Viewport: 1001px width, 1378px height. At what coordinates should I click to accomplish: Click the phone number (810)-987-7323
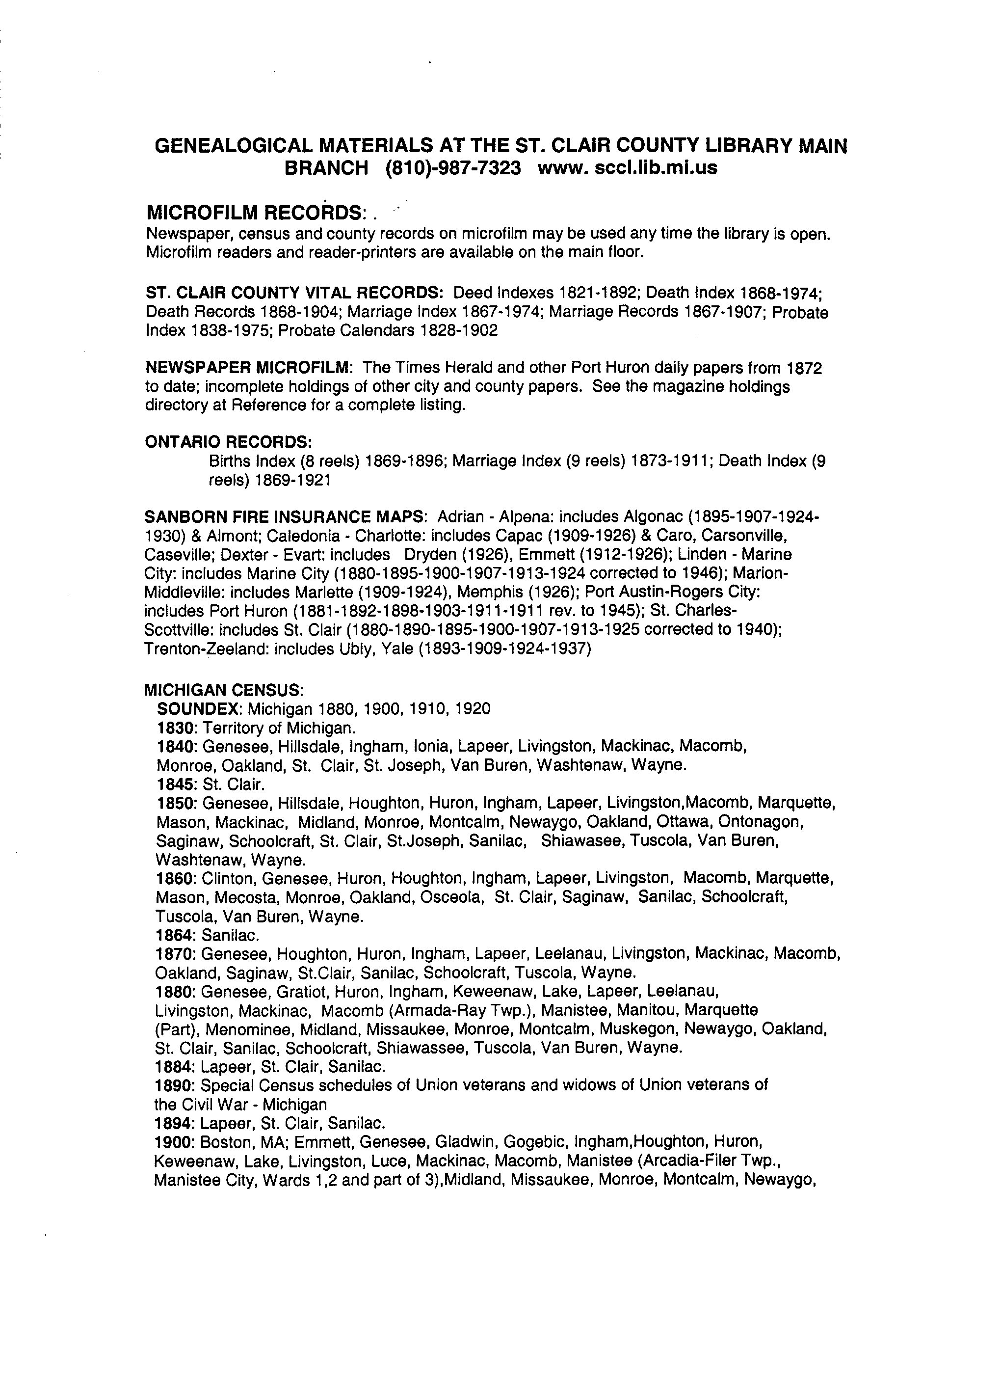tap(453, 168)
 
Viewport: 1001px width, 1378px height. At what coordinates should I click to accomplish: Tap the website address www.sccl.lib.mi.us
tap(628, 168)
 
